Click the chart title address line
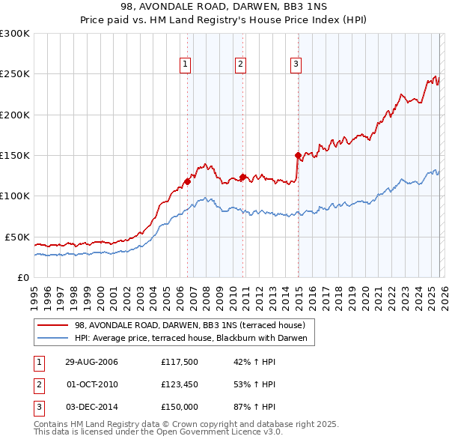click(224, 7)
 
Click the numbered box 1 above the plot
click(185, 64)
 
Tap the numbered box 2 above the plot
click(240, 64)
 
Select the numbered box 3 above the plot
click(296, 64)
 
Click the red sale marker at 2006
click(188, 181)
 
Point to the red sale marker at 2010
click(242, 177)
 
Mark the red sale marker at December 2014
click(298, 156)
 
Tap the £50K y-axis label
click(17, 237)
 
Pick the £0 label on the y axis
click(23, 277)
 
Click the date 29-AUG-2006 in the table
click(91, 362)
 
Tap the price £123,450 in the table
click(179, 384)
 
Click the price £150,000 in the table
click(179, 406)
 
